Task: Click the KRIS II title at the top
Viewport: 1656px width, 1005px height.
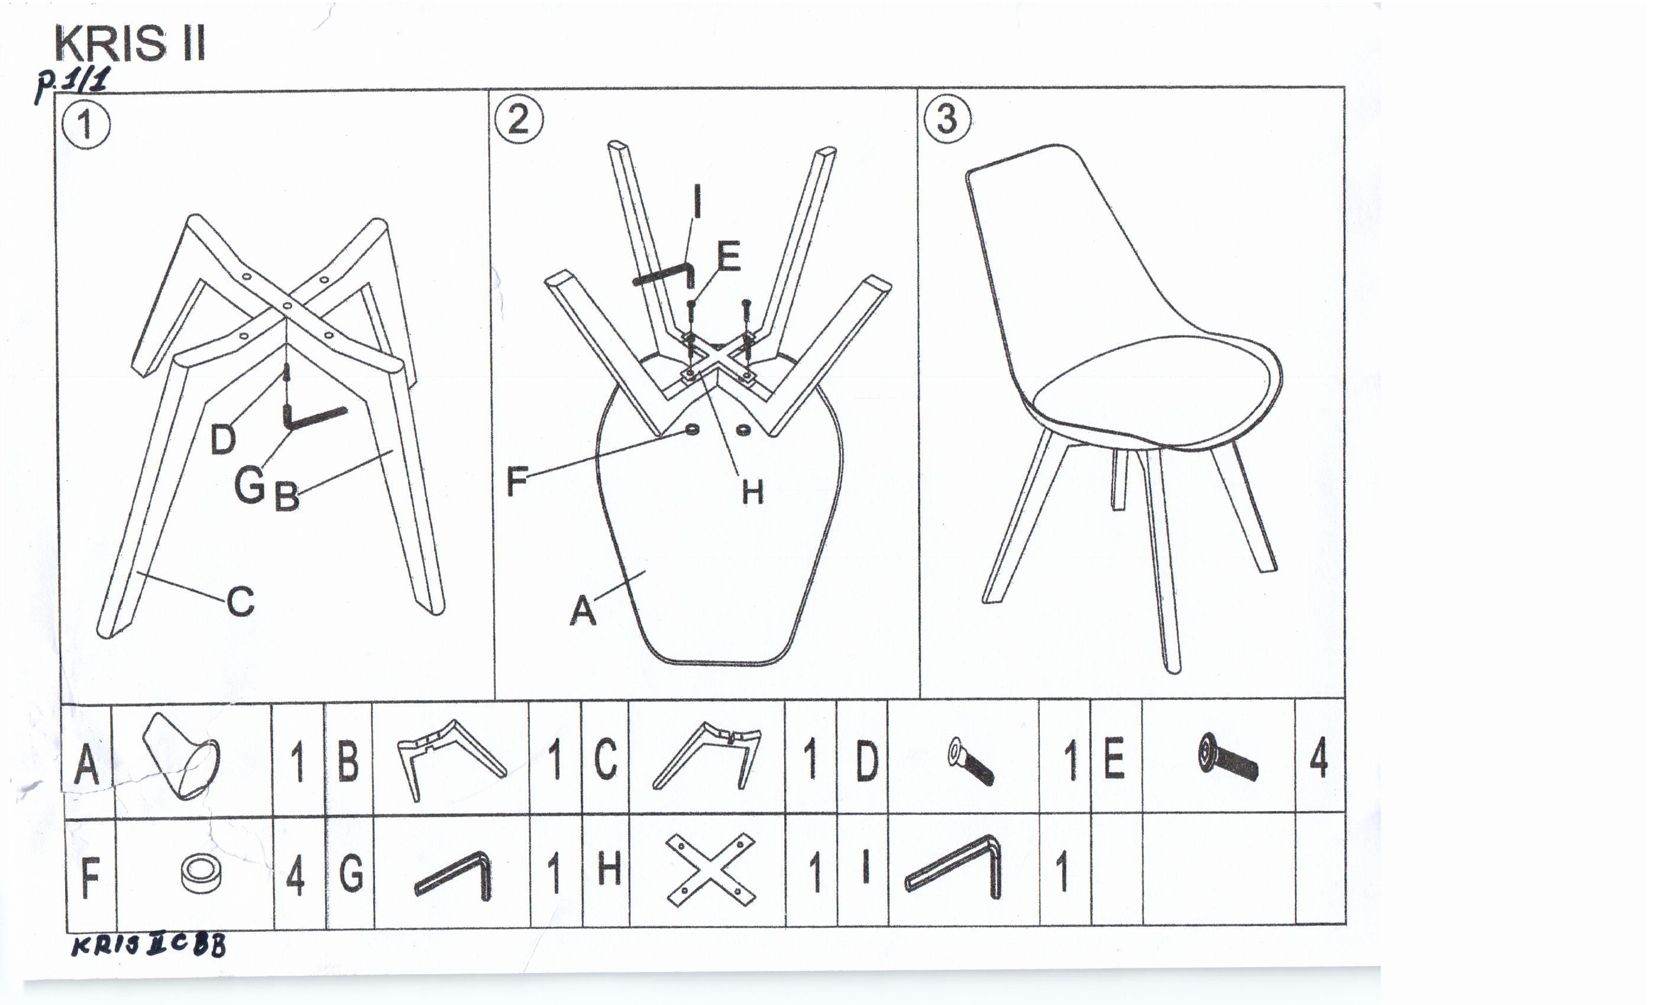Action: pos(130,44)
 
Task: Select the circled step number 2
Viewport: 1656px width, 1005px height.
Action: pos(519,119)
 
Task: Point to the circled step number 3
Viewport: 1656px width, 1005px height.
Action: pos(947,119)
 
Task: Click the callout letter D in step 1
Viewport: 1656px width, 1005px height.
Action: pos(224,439)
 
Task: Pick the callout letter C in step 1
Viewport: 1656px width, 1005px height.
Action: pos(241,601)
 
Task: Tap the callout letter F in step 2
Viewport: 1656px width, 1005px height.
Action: pos(517,481)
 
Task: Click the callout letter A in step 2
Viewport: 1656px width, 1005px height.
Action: pos(583,611)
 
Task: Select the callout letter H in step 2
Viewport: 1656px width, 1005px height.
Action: pos(753,492)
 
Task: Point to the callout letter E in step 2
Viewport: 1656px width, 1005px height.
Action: pos(729,257)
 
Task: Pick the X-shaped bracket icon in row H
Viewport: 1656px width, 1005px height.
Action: pos(710,871)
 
